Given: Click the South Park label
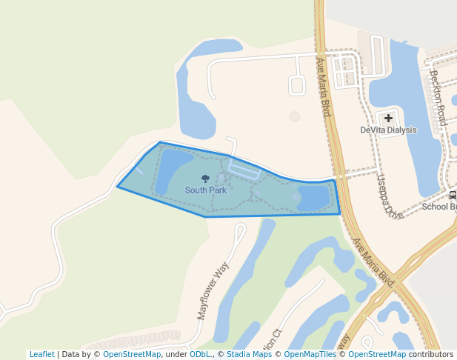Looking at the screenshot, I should (205, 190).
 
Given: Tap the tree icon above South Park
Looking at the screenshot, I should (205, 179).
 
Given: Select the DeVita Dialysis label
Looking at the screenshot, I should (388, 130).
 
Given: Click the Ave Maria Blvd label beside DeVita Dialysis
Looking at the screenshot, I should (322, 87).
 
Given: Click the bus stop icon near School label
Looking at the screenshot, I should (453, 195).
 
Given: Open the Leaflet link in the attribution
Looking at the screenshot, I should (41, 355).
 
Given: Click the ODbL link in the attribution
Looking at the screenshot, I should (199, 355).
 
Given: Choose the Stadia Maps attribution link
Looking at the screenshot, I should (249, 355).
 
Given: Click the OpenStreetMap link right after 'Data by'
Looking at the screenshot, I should (132, 355).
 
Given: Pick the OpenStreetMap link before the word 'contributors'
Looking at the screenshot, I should (377, 355).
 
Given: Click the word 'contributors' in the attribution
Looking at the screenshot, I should (430, 355).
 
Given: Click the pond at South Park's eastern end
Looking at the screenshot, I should (312, 199).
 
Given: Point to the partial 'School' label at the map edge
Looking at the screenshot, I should (438, 207).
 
